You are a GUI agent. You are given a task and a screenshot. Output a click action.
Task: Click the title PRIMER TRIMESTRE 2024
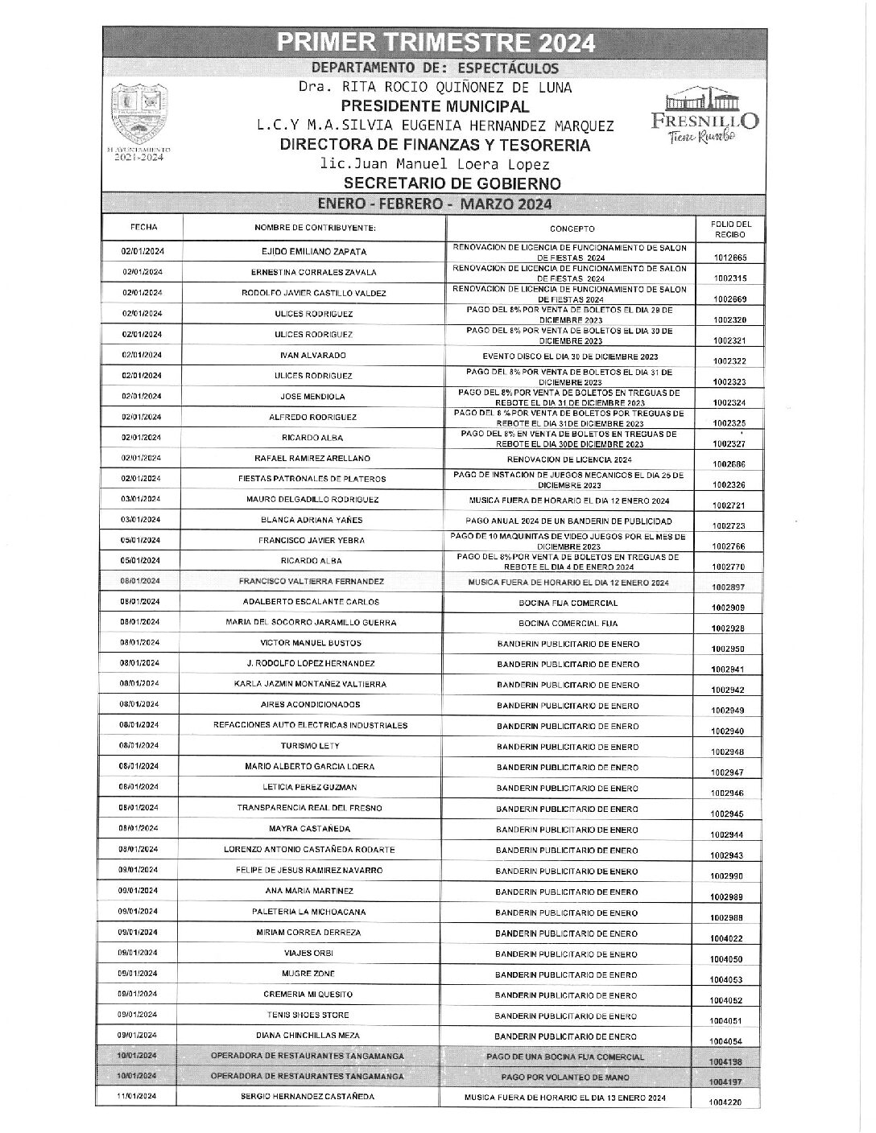point(436,42)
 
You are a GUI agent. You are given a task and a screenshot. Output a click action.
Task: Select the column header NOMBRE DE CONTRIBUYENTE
point(315,229)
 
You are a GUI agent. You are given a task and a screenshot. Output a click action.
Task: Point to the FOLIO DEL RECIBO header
point(730,229)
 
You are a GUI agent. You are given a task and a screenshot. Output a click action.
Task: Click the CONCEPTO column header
point(572,229)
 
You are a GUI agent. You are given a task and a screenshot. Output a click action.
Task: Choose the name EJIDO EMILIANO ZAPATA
point(314,252)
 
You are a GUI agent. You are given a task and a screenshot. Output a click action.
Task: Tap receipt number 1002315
point(729,278)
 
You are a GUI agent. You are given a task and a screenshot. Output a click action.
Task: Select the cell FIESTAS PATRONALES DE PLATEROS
point(312,479)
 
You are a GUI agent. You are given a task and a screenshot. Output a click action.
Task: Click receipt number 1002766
point(729,546)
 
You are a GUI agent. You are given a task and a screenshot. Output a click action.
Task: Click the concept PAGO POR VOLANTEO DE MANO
point(569,1077)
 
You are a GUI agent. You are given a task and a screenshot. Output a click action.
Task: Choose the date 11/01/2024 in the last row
point(139,1097)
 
